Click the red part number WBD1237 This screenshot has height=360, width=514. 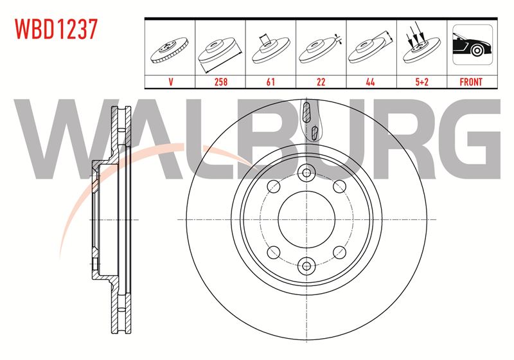pos(57,29)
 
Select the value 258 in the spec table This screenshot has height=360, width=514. pos(220,82)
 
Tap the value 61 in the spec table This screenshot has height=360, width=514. pos(270,82)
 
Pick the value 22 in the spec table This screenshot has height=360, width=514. pos(321,82)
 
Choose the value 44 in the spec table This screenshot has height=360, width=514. pos(371,82)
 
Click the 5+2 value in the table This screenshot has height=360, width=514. pos(422,82)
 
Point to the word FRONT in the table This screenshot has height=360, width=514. pos(471,82)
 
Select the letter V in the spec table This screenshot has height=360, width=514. pos(170,82)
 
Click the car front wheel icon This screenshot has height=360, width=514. pos(472,44)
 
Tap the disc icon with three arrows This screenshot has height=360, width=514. pos(421,46)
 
